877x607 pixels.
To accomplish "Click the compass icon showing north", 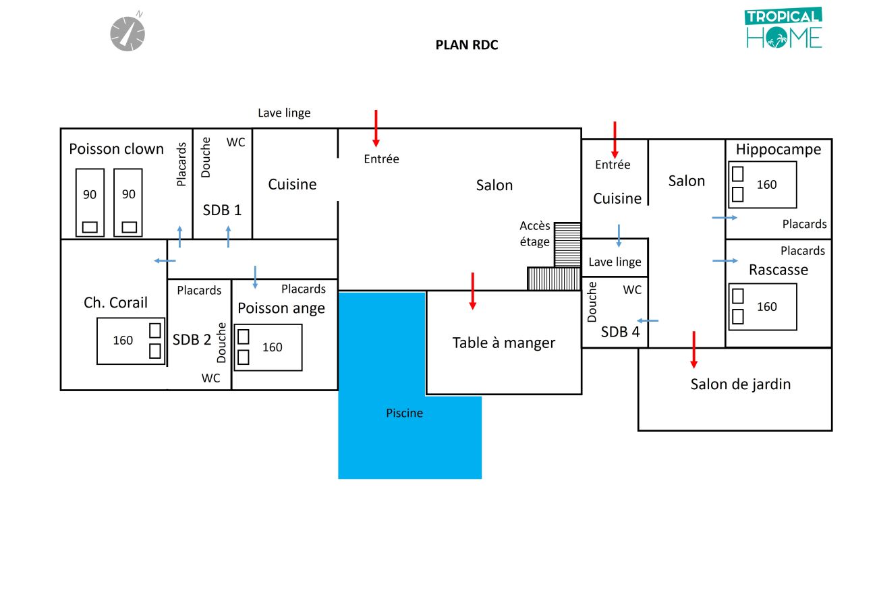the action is [128, 33].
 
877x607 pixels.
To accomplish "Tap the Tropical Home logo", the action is [783, 28].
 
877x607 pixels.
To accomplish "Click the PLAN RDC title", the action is [467, 45].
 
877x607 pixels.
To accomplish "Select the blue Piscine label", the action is [405, 413].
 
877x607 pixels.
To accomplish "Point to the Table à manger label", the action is [504, 343].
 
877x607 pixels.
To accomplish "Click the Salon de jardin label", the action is [740, 384].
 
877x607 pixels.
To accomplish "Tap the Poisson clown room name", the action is [116, 149].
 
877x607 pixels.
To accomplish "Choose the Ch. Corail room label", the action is [115, 303].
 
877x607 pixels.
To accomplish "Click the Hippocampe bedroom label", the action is [779, 150].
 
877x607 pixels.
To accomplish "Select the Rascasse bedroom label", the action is [779, 270].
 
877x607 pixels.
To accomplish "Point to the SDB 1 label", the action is [222, 210].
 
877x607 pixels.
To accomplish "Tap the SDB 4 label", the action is [620, 332].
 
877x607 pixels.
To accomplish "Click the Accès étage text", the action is [535, 233].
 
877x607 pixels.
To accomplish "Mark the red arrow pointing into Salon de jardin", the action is [694, 350].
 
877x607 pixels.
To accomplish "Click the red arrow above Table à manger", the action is [472, 291].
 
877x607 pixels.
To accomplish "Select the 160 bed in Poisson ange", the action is [268, 347].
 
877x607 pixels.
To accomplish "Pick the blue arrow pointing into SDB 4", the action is [648, 321].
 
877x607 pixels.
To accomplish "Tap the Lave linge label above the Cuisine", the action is [284, 113].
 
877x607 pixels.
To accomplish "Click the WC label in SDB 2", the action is [210, 378].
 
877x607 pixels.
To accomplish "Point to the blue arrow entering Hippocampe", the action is [725, 218].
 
